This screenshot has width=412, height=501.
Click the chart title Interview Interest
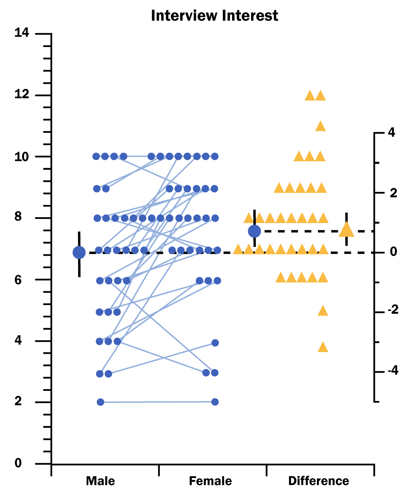[x=214, y=16]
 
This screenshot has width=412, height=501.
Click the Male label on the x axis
[x=100, y=481]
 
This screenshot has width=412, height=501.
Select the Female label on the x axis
[x=210, y=481]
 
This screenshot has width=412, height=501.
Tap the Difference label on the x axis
[x=318, y=481]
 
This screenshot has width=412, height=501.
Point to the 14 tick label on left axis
[x=22, y=33]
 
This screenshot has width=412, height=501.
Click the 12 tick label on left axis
[x=22, y=94]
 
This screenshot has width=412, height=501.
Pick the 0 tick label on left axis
[x=18, y=463]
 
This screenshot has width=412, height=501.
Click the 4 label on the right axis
[x=391, y=132]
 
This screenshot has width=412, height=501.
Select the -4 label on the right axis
[x=392, y=371]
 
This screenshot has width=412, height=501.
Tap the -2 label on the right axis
[x=392, y=310]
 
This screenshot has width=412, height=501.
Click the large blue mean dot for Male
[x=79, y=253]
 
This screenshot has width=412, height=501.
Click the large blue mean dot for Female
[x=254, y=231]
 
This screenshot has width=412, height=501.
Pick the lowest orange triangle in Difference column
[x=323, y=347]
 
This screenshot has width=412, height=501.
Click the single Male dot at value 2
[x=101, y=402]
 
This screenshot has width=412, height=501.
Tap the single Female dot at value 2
[x=215, y=402]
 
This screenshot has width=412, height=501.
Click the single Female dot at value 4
[x=215, y=343]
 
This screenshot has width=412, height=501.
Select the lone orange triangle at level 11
[x=320, y=126]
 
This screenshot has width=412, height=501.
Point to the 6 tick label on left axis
[x=18, y=279]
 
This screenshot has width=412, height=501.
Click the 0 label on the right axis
[x=393, y=252]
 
